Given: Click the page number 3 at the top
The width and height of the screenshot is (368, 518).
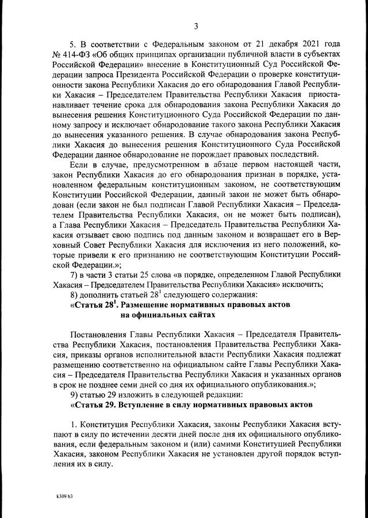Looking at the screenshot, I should point(195,26).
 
